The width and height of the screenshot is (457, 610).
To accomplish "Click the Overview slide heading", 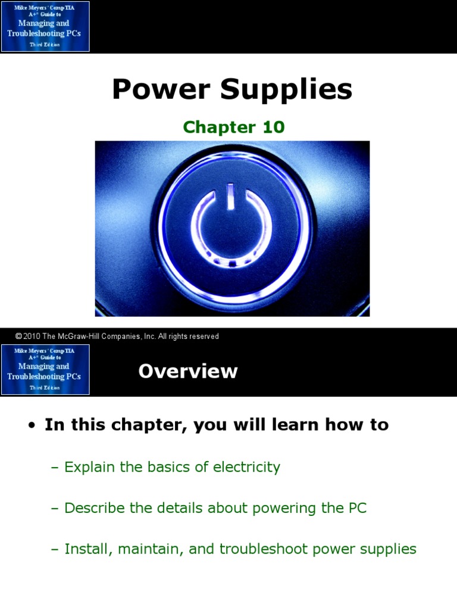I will (187, 371).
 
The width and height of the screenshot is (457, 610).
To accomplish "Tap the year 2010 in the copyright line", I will (32, 337).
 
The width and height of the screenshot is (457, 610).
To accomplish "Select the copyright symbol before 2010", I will (18, 337).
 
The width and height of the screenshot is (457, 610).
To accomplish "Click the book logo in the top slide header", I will (45, 26).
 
